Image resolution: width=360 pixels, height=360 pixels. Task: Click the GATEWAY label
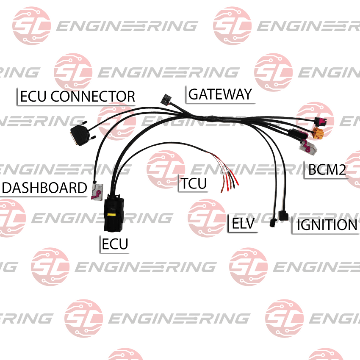[220, 94]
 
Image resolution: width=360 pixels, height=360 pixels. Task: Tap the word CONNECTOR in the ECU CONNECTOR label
[93, 97]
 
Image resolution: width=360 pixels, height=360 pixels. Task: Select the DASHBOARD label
[44, 188]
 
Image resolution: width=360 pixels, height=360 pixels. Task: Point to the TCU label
[194, 183]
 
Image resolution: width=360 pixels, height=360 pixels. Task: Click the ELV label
[243, 223]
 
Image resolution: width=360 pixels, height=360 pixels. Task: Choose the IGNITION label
[327, 224]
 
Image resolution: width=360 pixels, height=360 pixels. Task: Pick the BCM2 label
[327, 170]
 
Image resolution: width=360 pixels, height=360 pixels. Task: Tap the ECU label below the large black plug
[115, 244]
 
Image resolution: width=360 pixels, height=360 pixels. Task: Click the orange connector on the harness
[318, 133]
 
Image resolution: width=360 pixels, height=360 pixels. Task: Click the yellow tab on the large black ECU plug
[111, 215]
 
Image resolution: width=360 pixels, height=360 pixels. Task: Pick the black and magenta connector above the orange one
[321, 121]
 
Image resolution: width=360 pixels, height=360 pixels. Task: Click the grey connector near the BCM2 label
[308, 148]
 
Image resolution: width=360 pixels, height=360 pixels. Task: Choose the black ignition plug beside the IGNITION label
[283, 216]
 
